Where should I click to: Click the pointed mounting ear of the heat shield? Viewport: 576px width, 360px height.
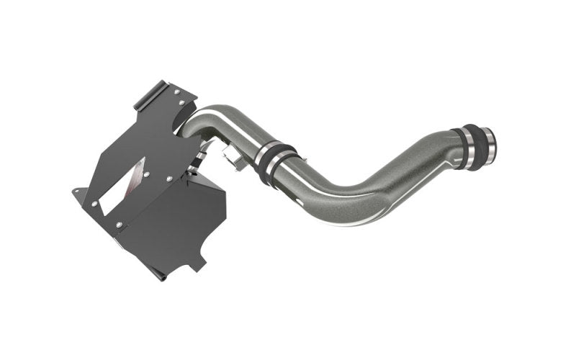point(77,192)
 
